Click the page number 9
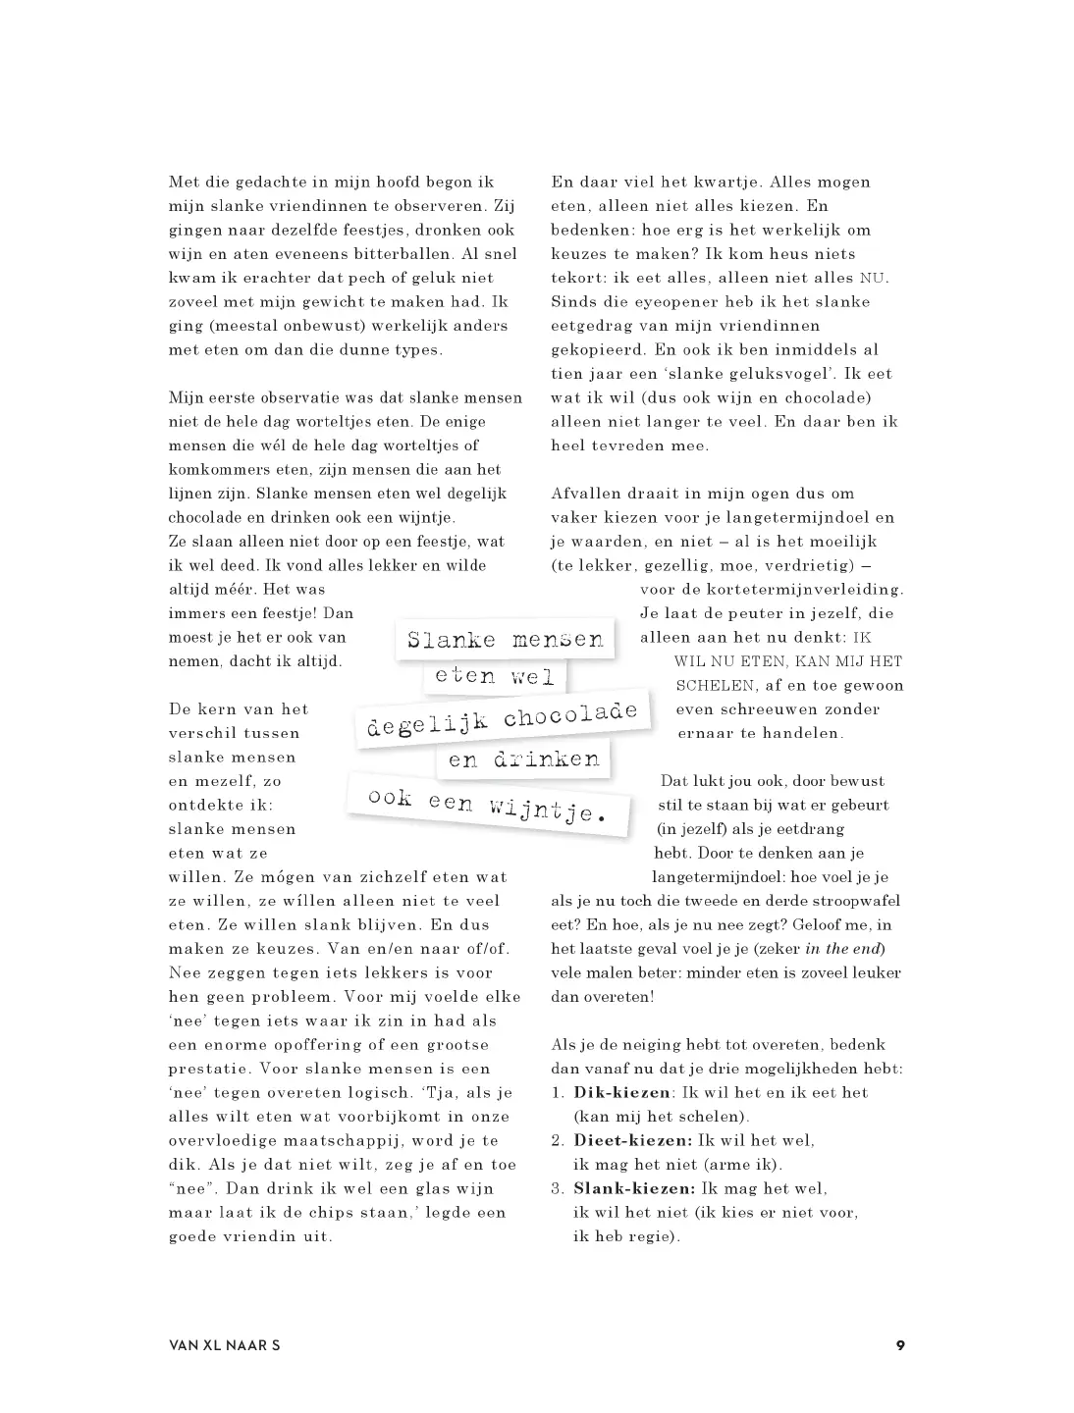coord(899,1345)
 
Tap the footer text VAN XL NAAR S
coord(224,1345)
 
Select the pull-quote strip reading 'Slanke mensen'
coord(505,640)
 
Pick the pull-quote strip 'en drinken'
coord(523,759)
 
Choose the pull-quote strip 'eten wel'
coord(495,676)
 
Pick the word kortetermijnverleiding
coord(772,590)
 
